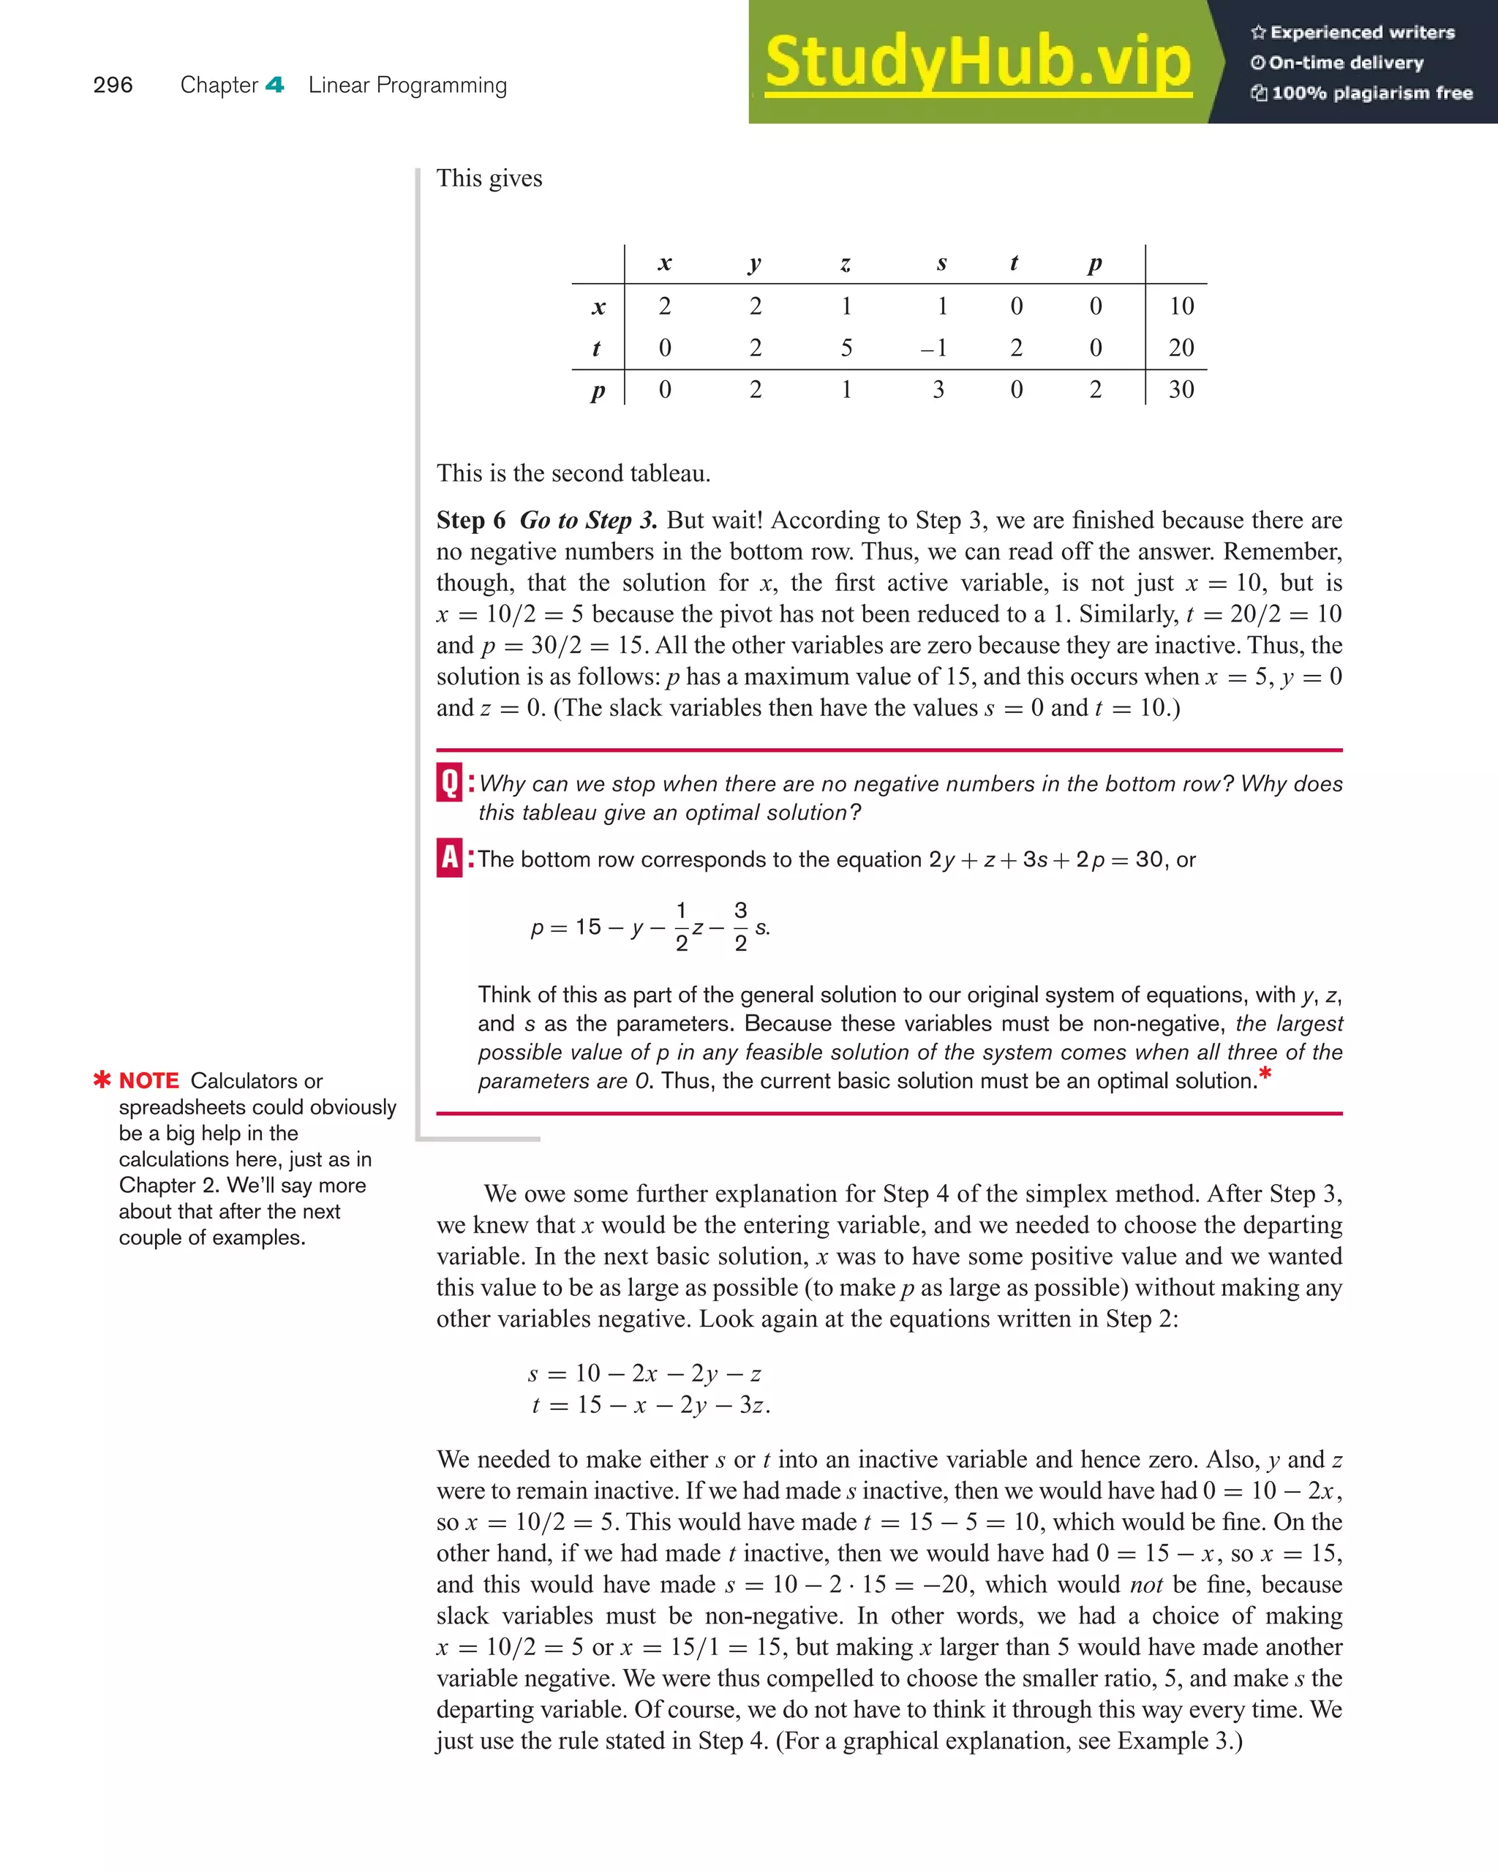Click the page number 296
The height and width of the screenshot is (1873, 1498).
click(x=113, y=85)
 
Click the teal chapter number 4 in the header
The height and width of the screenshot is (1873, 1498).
click(x=274, y=85)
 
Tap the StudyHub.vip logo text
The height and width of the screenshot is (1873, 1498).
click(x=977, y=63)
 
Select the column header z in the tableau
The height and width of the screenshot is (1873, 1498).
click(x=846, y=263)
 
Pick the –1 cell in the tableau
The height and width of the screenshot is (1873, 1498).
click(x=934, y=347)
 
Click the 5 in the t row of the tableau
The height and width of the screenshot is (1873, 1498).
click(x=846, y=347)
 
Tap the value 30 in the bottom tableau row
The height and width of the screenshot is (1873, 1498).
click(x=1181, y=389)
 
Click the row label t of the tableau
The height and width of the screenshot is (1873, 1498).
click(x=596, y=347)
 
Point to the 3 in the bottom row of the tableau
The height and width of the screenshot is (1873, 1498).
click(x=938, y=389)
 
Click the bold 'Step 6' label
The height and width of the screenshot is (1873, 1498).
click(x=470, y=521)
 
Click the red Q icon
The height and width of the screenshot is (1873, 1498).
click(x=449, y=782)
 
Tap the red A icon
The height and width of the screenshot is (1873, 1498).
click(x=449, y=859)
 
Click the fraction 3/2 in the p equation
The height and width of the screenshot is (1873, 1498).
click(x=740, y=927)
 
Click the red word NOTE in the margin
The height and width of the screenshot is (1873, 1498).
click(x=148, y=1081)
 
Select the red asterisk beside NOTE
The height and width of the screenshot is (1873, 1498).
click(x=102, y=1079)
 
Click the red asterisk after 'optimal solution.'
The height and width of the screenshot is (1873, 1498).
click(x=1265, y=1074)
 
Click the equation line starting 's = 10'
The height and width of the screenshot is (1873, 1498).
click(x=644, y=1373)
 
